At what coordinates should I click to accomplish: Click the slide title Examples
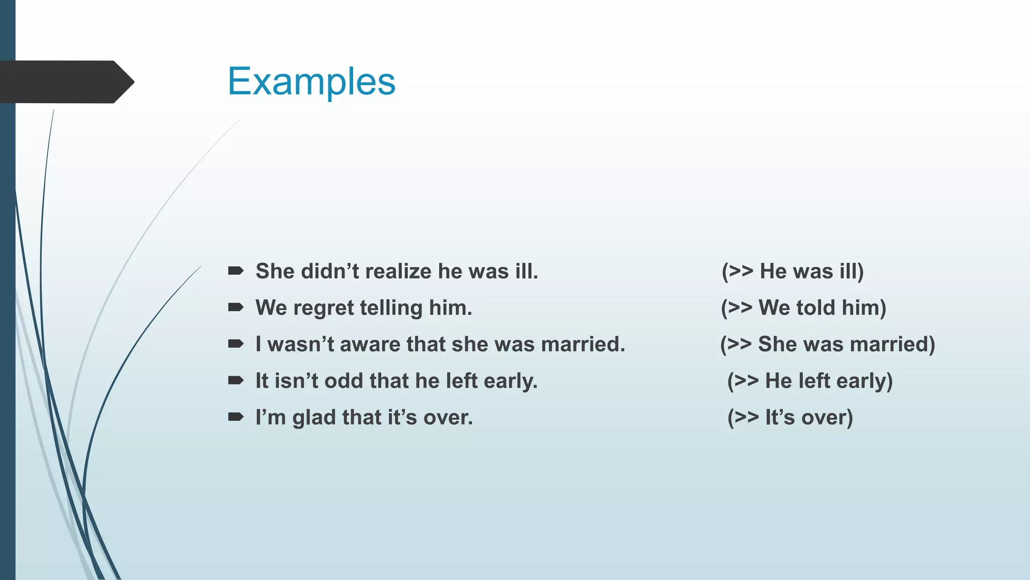(311, 82)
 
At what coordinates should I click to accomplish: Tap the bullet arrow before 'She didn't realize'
(235, 271)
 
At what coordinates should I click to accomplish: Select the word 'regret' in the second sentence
(323, 308)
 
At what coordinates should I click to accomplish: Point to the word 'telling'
(391, 308)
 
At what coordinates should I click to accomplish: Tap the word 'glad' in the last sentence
(314, 418)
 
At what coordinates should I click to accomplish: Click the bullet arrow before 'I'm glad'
(235, 417)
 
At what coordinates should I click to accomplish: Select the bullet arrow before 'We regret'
(235, 308)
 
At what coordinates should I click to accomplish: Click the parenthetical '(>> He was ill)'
(793, 271)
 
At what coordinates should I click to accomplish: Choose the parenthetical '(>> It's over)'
(790, 418)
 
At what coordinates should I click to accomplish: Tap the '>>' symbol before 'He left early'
(746, 381)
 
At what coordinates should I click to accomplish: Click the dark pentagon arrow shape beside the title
(65, 82)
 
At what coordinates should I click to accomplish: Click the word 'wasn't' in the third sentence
(301, 344)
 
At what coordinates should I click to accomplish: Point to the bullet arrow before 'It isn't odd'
(235, 381)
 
